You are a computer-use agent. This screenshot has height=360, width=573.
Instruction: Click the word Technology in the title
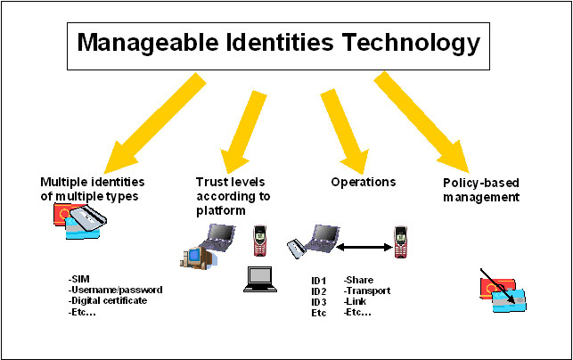click(x=411, y=43)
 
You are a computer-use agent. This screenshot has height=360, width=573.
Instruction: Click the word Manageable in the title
click(x=148, y=43)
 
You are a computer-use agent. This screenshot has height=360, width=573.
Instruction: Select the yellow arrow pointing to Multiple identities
click(x=155, y=123)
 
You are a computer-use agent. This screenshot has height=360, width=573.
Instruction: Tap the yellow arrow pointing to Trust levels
click(x=243, y=132)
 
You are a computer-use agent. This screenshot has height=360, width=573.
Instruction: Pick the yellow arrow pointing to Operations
click(x=345, y=131)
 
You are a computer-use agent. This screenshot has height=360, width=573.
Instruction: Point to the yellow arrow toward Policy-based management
click(x=422, y=122)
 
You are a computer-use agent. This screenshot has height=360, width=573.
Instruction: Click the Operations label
click(x=364, y=182)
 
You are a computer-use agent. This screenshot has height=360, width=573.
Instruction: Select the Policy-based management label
click(x=481, y=190)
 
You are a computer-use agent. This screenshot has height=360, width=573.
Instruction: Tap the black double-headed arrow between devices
click(x=364, y=248)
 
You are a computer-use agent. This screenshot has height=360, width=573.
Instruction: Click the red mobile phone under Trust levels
click(x=260, y=240)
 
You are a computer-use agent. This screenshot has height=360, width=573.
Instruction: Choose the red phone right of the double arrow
click(x=400, y=241)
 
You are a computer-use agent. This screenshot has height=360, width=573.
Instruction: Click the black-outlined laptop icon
click(x=260, y=280)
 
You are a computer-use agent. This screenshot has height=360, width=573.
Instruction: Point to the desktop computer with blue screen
click(x=198, y=258)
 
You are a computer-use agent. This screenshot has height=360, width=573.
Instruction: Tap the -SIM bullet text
click(x=79, y=279)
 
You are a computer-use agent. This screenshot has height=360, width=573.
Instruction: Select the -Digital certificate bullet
click(x=108, y=301)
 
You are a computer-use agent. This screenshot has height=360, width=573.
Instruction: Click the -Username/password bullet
click(x=116, y=290)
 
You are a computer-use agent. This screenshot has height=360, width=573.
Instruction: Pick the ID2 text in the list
click(x=319, y=291)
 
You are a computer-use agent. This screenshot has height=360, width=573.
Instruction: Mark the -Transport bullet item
click(x=367, y=290)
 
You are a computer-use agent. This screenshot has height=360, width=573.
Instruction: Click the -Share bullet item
click(x=358, y=280)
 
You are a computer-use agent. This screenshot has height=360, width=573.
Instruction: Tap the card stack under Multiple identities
click(x=80, y=221)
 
